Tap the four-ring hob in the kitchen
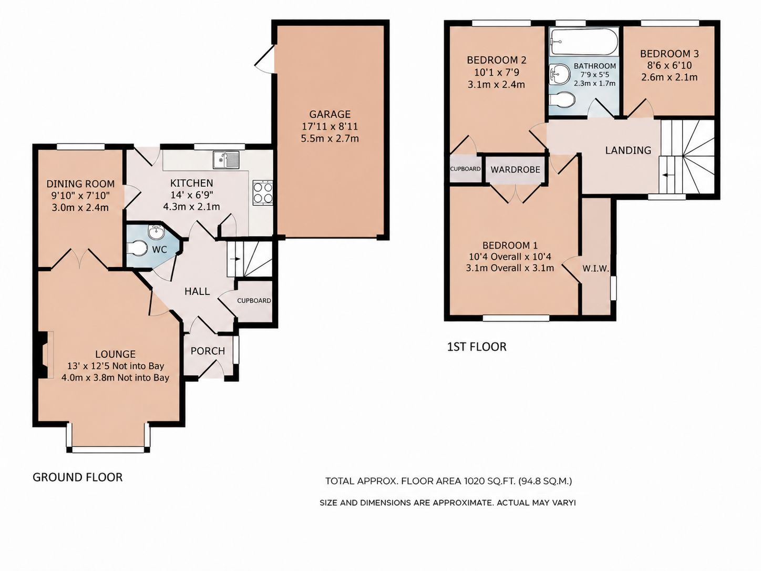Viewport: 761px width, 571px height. coord(263,193)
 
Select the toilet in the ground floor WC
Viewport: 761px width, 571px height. coord(136,249)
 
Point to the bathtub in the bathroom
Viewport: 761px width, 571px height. coord(583,42)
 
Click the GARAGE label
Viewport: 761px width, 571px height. coord(330,114)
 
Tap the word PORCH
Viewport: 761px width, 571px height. coord(208,351)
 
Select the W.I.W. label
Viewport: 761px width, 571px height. coord(595,268)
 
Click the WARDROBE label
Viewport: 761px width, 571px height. coord(515,169)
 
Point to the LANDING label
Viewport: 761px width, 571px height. coord(628,150)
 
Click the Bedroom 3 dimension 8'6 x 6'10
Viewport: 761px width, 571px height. coord(669,65)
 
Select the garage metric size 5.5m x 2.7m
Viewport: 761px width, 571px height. coord(330,138)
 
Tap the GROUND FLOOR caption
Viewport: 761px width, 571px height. coord(77,477)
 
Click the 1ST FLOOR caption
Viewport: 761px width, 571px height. coord(477,346)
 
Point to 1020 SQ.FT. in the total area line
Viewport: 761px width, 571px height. coord(490,481)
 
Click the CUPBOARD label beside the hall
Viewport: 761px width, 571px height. coord(254,301)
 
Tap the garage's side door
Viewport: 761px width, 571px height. coord(265,59)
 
